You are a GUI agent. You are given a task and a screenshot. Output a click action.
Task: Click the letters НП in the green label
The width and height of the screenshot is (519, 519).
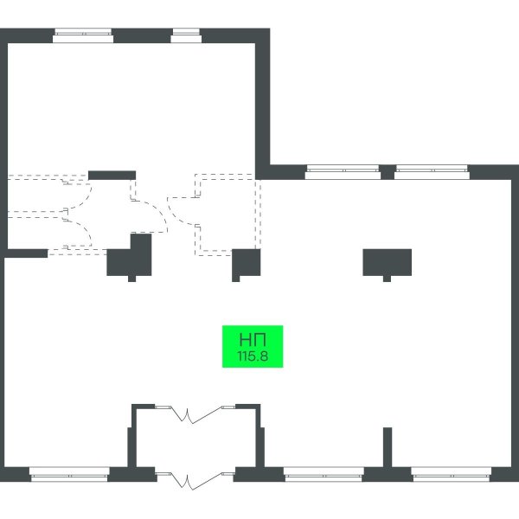pyautogui.click(x=253, y=340)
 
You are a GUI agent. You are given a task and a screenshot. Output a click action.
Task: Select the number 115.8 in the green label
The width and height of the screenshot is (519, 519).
pyautogui.click(x=253, y=356)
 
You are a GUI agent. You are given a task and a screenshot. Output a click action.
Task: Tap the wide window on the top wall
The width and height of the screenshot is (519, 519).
pyautogui.click(x=83, y=35)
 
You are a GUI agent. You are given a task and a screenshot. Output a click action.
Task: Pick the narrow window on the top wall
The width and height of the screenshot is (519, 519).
pyautogui.click(x=186, y=35)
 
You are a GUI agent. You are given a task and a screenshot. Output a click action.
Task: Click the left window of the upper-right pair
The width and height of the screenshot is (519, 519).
pyautogui.click(x=343, y=172)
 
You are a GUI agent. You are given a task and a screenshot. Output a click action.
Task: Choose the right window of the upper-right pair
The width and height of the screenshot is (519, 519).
pyautogui.click(x=432, y=172)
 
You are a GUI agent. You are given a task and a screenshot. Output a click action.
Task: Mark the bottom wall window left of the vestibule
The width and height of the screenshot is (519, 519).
pyautogui.click(x=69, y=474)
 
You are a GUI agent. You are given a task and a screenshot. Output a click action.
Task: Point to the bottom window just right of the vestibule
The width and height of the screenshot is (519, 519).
pyautogui.click(x=324, y=474)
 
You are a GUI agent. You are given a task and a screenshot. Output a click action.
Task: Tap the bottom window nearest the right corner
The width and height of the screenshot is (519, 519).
pyautogui.click(x=452, y=474)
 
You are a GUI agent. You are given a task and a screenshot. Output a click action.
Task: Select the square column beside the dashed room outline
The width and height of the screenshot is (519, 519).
pyautogui.click(x=246, y=264)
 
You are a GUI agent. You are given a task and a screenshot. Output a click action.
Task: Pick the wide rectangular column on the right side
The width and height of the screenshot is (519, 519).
pyautogui.click(x=388, y=264)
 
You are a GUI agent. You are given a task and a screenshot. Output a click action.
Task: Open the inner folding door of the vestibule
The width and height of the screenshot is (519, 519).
pyautogui.click(x=195, y=413)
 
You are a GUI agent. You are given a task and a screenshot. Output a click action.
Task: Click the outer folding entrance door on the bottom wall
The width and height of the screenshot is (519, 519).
pyautogui.click(x=195, y=481)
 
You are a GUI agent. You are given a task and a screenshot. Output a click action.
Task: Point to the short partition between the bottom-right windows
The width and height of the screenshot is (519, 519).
pyautogui.click(x=388, y=447)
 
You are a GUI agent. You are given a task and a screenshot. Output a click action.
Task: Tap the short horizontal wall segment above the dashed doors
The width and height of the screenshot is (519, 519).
pyautogui.click(x=112, y=176)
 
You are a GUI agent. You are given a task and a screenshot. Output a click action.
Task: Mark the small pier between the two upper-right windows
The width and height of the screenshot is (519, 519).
pyautogui.click(x=388, y=172)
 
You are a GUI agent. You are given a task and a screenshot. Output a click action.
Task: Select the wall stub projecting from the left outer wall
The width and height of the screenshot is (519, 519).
pyautogui.click(x=26, y=253)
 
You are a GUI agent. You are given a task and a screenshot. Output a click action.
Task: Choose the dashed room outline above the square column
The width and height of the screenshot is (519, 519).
pyautogui.click(x=227, y=215)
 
